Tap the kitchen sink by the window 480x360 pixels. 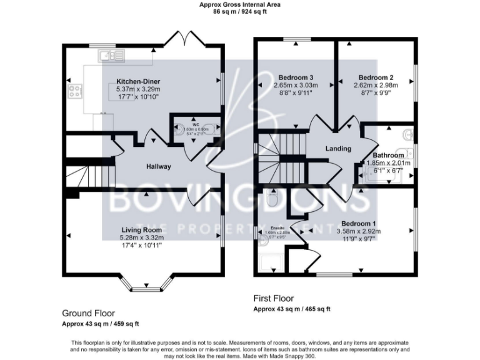pyautogui.click(x=111, y=57)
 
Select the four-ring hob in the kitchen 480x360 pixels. pyautogui.click(x=76, y=91)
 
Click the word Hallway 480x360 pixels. pyautogui.click(x=158, y=167)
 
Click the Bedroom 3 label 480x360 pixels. pyautogui.click(x=296, y=77)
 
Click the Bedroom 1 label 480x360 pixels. pyautogui.click(x=358, y=224)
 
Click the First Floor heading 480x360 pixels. pyautogui.click(x=272, y=299)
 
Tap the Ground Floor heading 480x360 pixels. pyautogui.click(x=88, y=312)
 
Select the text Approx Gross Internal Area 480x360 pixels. pyautogui.click(x=239, y=4)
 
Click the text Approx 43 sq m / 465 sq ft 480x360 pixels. pyautogui.click(x=291, y=309)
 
